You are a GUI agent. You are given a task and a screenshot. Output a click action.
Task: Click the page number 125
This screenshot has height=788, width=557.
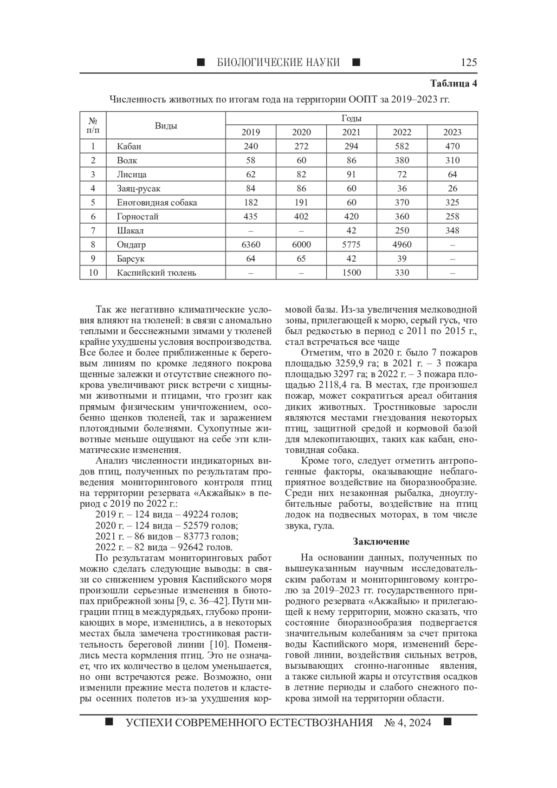point(469,63)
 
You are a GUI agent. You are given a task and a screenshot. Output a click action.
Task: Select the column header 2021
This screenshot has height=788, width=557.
point(351,132)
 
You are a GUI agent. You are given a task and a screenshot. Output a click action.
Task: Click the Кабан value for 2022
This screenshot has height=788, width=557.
point(402,146)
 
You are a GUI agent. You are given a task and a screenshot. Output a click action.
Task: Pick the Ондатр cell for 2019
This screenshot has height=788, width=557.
point(251,245)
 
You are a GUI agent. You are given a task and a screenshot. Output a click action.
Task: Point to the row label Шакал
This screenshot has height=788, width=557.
point(130,231)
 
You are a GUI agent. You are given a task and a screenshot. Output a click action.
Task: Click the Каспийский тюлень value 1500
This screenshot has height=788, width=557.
point(351,273)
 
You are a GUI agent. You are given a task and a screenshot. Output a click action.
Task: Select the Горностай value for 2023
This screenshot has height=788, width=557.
point(452,217)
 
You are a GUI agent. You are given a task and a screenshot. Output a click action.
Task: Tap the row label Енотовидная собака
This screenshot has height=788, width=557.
point(157,203)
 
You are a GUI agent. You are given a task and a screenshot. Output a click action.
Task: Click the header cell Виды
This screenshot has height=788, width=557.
point(166,125)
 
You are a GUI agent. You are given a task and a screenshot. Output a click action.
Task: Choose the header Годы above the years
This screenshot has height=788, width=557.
point(351,118)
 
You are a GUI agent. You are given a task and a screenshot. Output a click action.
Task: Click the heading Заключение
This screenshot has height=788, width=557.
point(381,542)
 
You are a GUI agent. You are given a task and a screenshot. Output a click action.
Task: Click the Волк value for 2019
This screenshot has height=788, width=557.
point(251,161)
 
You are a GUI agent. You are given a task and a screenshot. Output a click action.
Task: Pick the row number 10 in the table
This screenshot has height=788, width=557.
point(93,273)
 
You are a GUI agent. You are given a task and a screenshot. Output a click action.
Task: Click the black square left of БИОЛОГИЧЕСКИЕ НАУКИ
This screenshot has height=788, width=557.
point(201,62)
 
